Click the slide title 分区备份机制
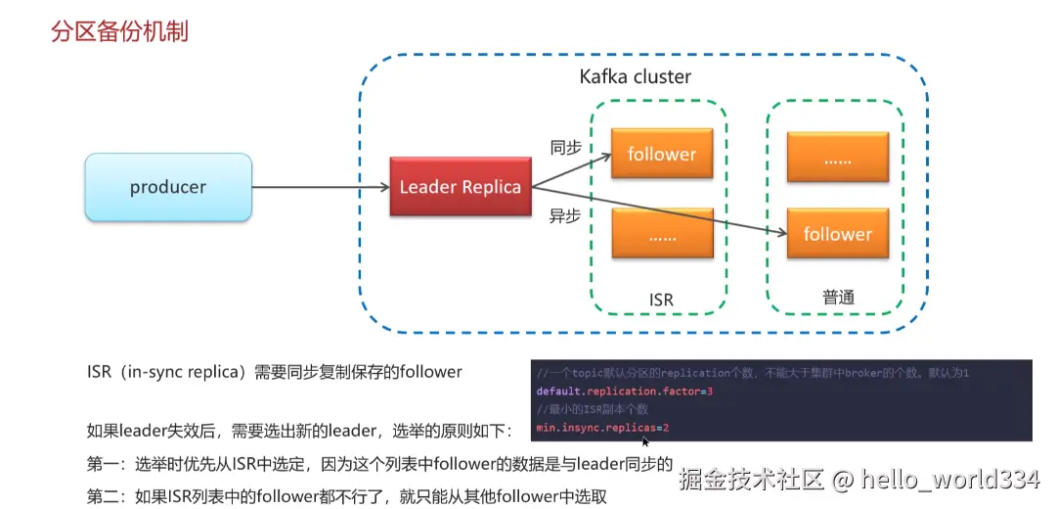click(x=119, y=31)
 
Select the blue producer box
click(x=168, y=187)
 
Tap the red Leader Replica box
click(x=460, y=187)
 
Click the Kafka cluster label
click(x=636, y=77)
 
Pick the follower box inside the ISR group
click(x=662, y=154)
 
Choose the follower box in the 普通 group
click(x=838, y=234)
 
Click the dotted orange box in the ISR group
click(x=662, y=234)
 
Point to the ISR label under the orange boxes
click(x=661, y=300)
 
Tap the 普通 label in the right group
click(x=839, y=298)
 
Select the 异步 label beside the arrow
click(x=565, y=217)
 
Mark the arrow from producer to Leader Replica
click(x=321, y=187)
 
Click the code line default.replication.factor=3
click(x=624, y=391)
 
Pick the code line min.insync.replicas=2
click(x=602, y=428)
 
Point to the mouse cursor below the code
click(x=646, y=441)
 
